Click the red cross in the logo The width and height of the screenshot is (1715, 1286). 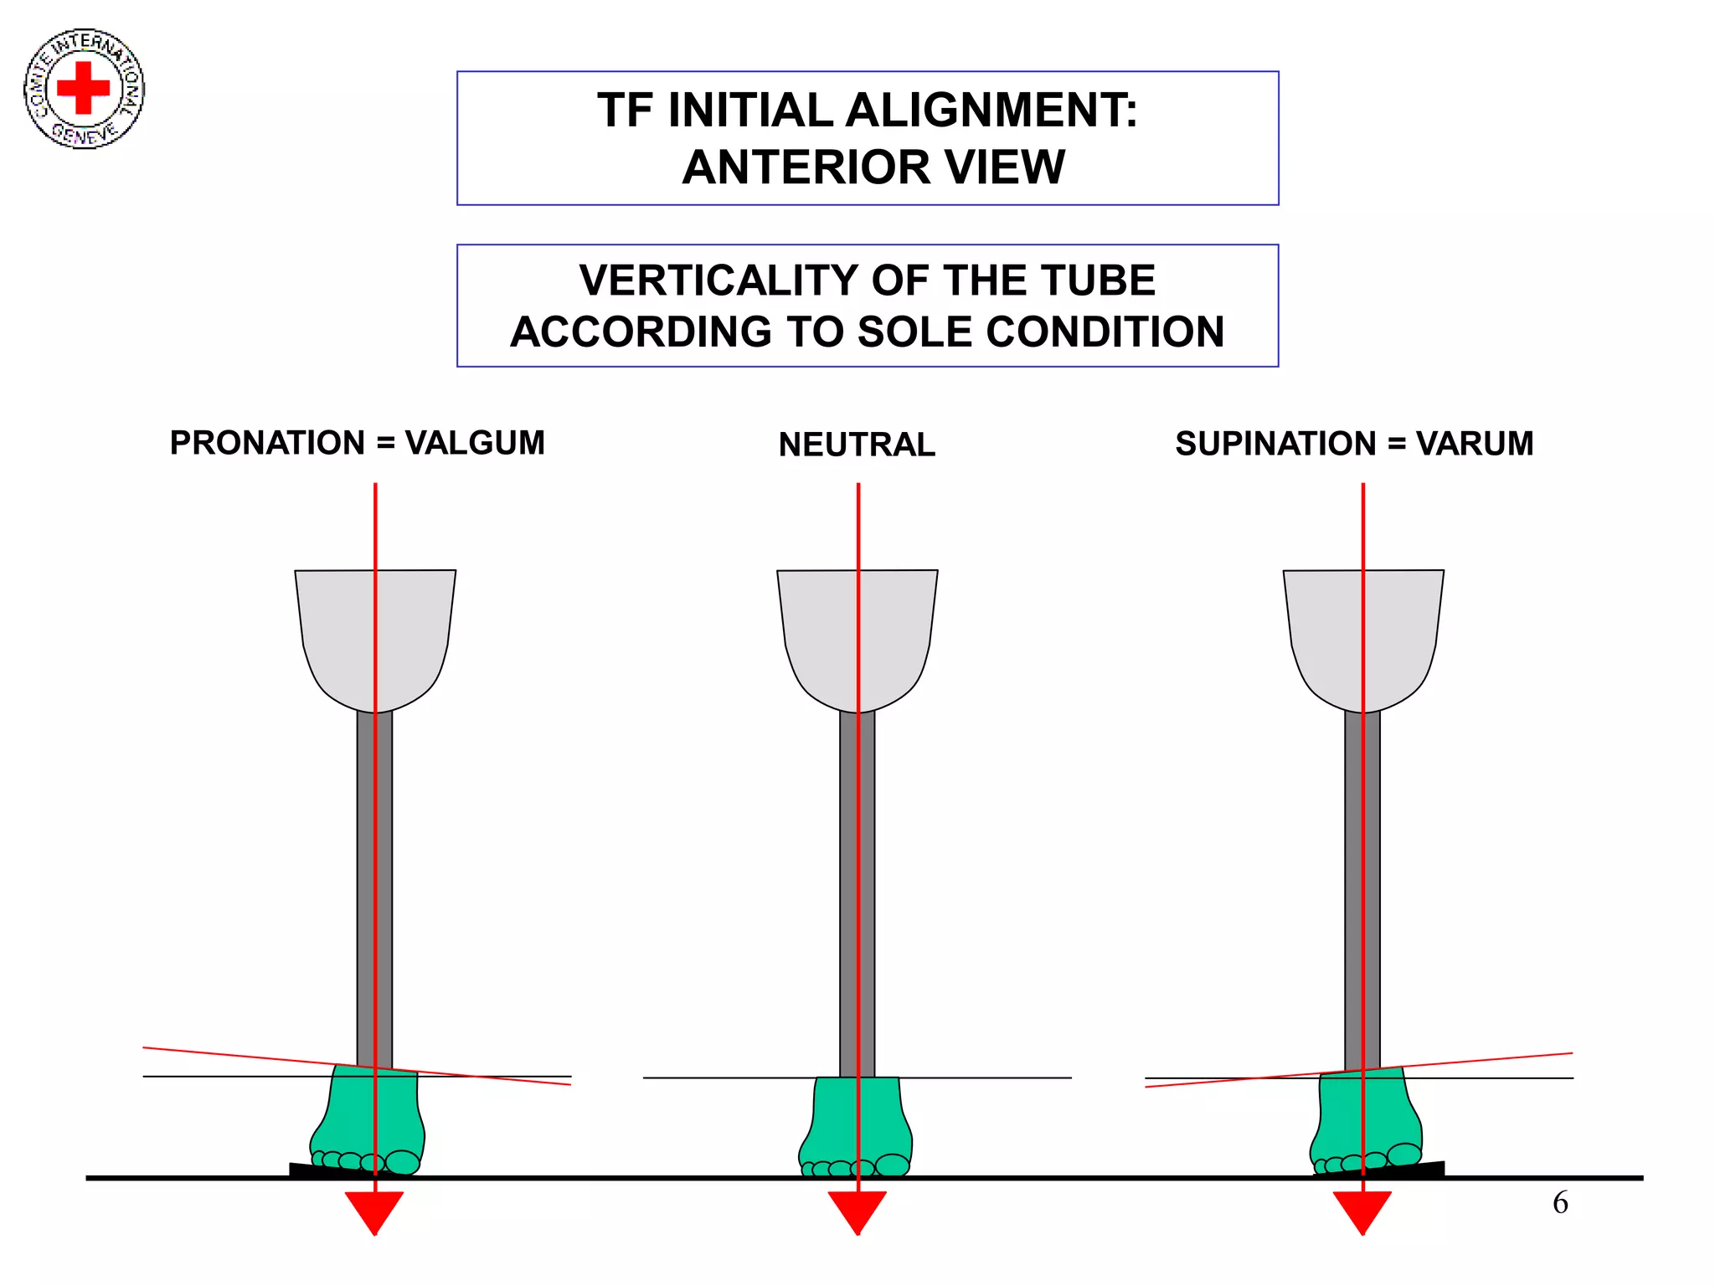click(83, 87)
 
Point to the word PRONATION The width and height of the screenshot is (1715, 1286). click(267, 443)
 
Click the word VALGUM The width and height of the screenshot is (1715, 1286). click(475, 443)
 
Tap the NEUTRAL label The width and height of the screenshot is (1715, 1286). click(857, 445)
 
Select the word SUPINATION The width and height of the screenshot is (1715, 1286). click(1275, 444)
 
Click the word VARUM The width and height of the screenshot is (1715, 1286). click(1475, 444)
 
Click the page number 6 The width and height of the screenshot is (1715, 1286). click(1560, 1203)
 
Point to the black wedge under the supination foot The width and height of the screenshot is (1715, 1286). click(1428, 1168)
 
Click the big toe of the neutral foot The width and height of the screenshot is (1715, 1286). click(892, 1165)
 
